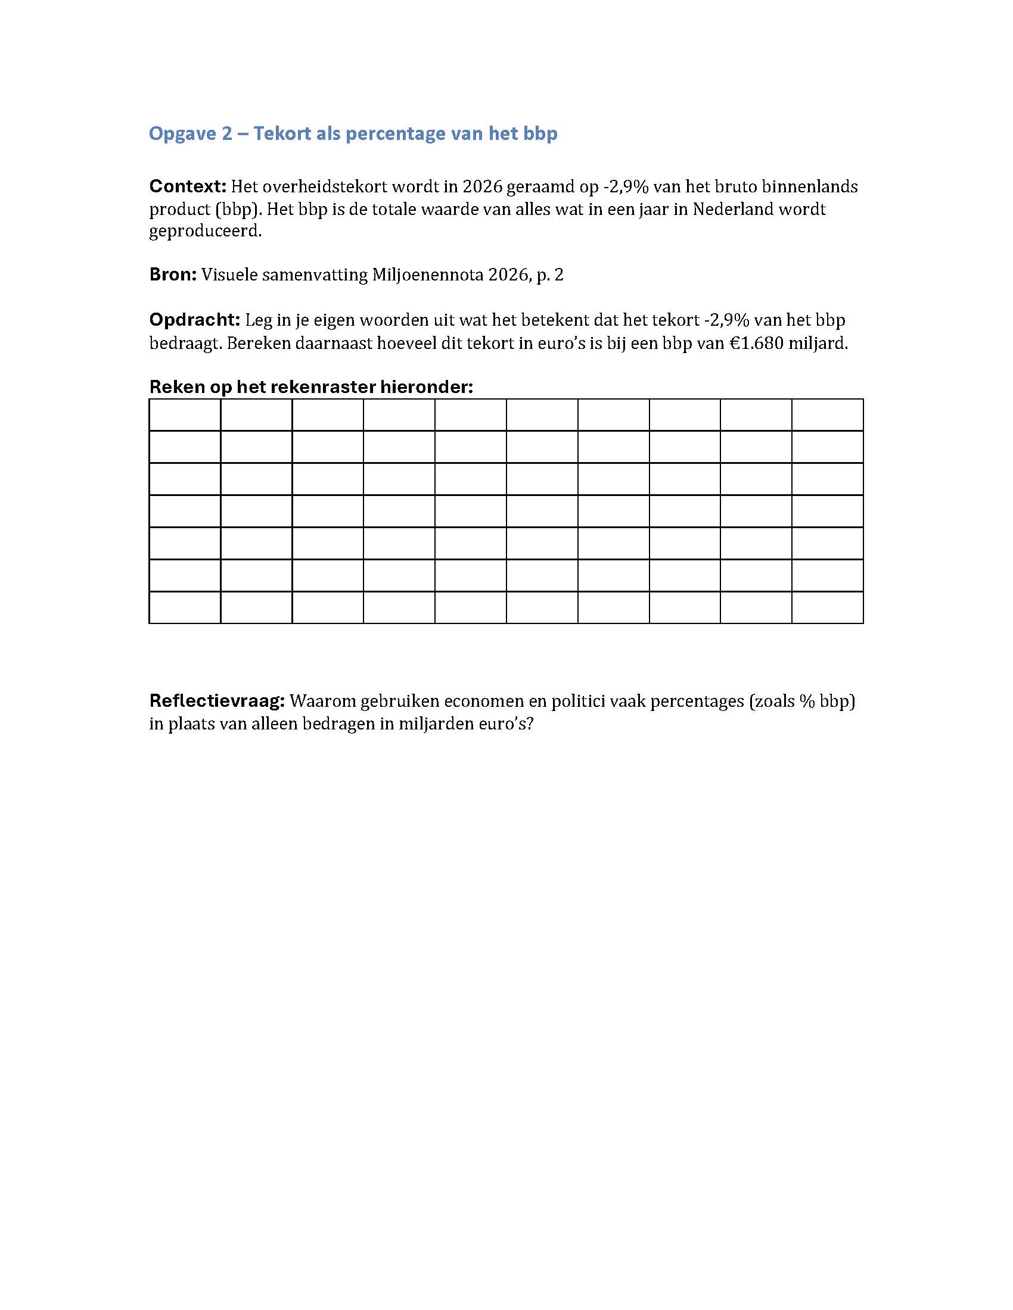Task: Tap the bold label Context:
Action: click(x=187, y=186)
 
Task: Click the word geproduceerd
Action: click(x=205, y=232)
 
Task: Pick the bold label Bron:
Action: click(x=173, y=275)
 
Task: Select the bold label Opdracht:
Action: click(x=194, y=320)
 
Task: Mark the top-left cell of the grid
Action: click(x=185, y=414)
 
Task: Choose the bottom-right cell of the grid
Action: click(x=827, y=607)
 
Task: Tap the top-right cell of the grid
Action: click(x=827, y=414)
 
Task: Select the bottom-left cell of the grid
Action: click(x=185, y=607)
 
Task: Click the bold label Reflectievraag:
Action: click(x=217, y=701)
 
